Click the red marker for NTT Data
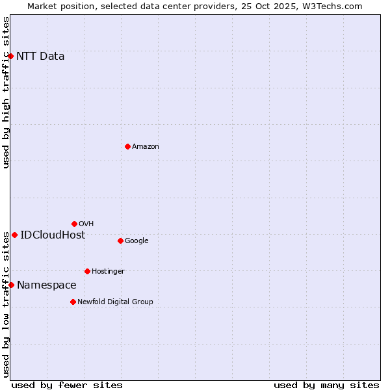11,56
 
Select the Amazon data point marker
127,146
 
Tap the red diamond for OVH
74,224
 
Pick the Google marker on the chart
120,240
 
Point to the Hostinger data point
87,271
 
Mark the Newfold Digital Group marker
73,302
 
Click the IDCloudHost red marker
14,235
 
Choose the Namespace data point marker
11,285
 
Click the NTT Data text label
40,56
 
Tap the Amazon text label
146,147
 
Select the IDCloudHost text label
53,235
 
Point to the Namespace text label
47,285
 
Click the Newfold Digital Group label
115,302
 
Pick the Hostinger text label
108,271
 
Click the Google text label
136,240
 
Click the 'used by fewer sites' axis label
67,385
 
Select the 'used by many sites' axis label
326,385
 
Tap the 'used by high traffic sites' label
6,92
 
